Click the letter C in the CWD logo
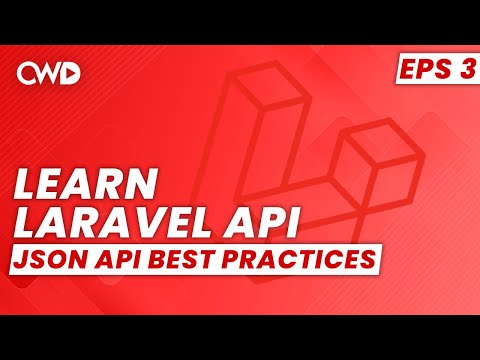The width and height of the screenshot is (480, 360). pos(29,72)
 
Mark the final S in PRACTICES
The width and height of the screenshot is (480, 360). pos(374,258)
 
